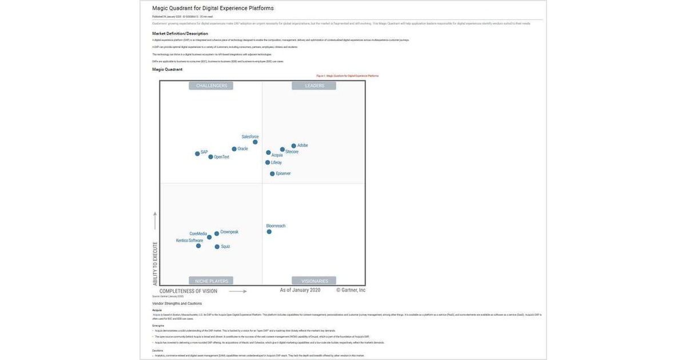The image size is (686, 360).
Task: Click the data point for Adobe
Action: click(x=294, y=146)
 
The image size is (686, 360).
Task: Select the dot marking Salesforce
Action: click(x=255, y=142)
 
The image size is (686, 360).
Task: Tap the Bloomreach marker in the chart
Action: click(x=269, y=232)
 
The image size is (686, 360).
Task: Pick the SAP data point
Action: click(x=197, y=154)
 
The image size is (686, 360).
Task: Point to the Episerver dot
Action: click(x=272, y=174)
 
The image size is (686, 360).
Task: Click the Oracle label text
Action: click(x=243, y=149)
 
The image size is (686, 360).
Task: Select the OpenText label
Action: click(x=222, y=157)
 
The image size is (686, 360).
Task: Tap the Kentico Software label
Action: click(x=189, y=241)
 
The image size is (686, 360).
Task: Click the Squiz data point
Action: click(x=217, y=247)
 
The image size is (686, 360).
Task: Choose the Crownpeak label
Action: click(x=229, y=232)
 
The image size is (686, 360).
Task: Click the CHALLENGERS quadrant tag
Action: click(x=212, y=86)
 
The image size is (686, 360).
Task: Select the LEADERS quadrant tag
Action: click(x=314, y=86)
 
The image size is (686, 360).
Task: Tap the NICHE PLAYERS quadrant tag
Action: click(x=212, y=281)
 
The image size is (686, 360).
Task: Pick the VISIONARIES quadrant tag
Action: click(x=314, y=281)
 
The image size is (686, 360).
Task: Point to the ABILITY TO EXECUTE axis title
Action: click(x=155, y=263)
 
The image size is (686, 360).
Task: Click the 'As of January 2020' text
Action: click(x=300, y=290)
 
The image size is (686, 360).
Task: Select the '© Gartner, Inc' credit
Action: click(x=350, y=290)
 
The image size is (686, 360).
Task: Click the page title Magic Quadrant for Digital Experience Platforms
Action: click(x=213, y=8)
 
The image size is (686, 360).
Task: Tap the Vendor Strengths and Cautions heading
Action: click(x=177, y=303)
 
